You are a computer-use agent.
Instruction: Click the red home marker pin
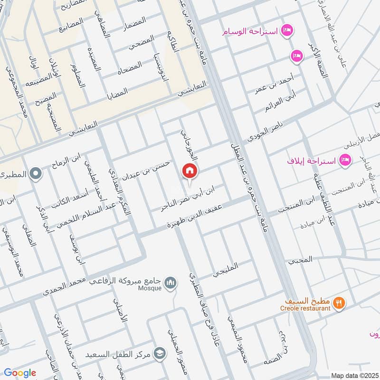coord(190,171)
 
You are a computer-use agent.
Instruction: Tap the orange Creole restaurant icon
coord(338,303)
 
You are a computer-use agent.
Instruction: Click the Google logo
coord(19,373)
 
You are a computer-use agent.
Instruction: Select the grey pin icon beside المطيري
coord(34,174)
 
